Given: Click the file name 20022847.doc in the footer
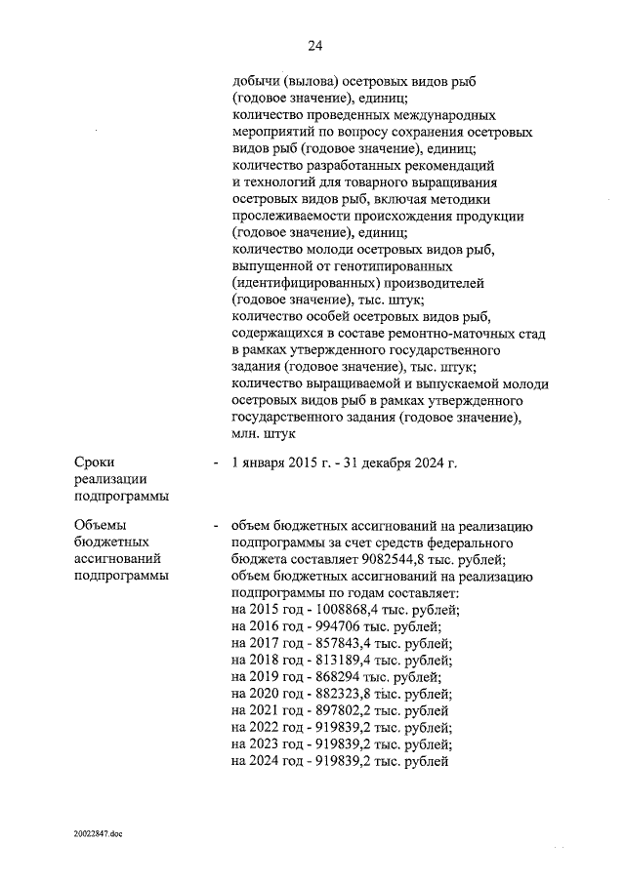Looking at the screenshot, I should pos(98,834).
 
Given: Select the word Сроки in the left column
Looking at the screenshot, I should pos(95,462).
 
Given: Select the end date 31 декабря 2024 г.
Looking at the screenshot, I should pos(399,462).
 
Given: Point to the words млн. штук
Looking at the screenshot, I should pos(262,434).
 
